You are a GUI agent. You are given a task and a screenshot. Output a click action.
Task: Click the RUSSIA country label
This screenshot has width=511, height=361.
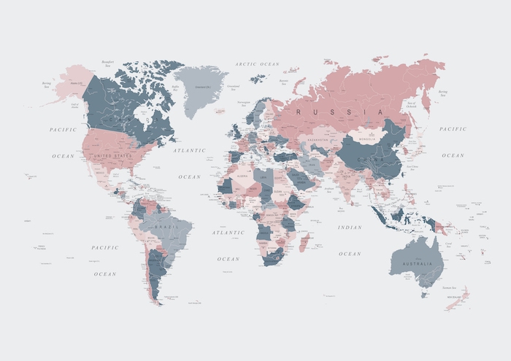(x=339, y=112)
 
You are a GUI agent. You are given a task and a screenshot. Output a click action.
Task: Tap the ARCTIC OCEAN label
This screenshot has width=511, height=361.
(x=257, y=64)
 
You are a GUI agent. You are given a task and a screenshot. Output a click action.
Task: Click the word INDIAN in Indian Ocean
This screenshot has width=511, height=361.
(x=350, y=227)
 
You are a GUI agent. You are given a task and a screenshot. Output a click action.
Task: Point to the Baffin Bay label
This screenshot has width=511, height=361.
(x=175, y=86)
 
